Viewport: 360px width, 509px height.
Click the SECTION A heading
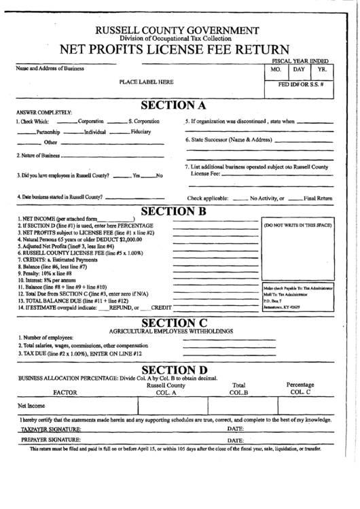(173, 105)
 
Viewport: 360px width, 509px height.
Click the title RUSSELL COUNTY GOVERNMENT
(177, 31)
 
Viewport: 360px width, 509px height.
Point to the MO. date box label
(276, 70)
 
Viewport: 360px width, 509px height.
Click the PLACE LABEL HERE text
(147, 82)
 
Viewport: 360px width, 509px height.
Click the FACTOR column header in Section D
(65, 393)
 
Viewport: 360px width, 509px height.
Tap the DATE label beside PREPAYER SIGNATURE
(235, 442)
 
